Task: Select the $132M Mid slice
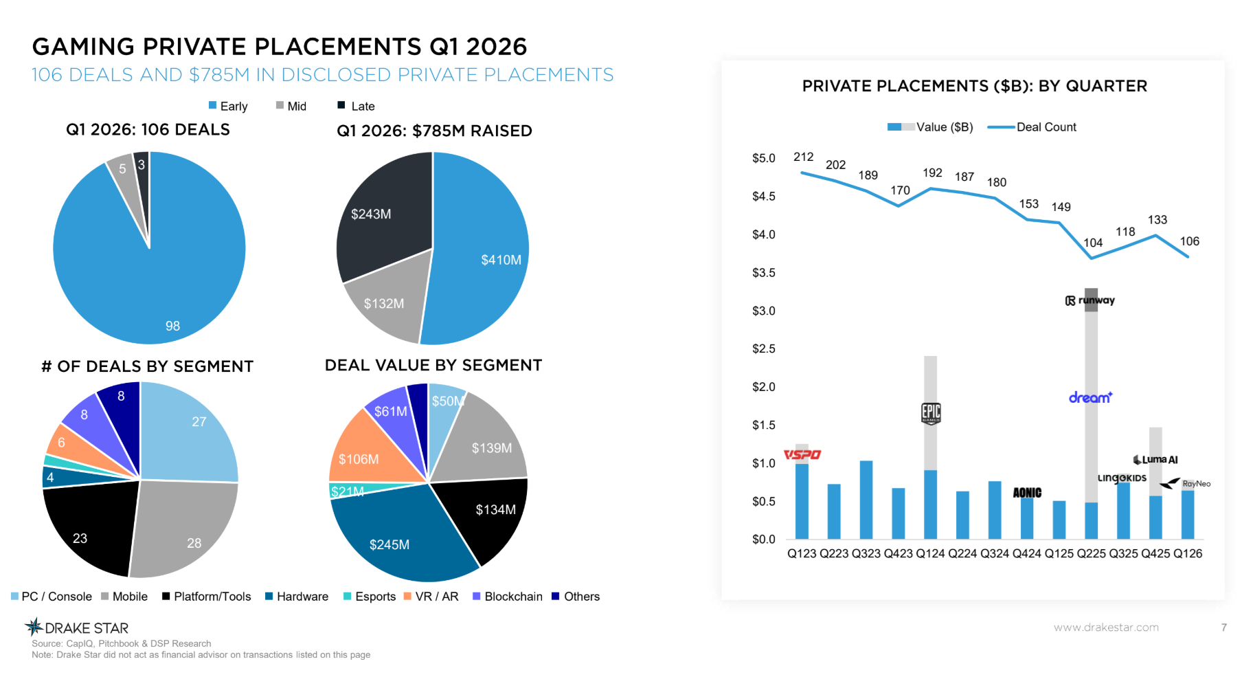point(385,303)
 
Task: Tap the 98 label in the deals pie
point(172,326)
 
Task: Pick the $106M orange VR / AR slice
point(359,458)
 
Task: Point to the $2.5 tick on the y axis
point(763,349)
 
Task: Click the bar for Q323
point(866,500)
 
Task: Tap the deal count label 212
point(803,157)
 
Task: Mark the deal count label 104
point(1093,243)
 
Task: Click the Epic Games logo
point(931,413)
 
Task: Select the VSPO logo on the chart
point(802,454)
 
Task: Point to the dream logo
point(1090,397)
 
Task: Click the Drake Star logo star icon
point(34,626)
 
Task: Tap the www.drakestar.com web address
point(1106,627)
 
